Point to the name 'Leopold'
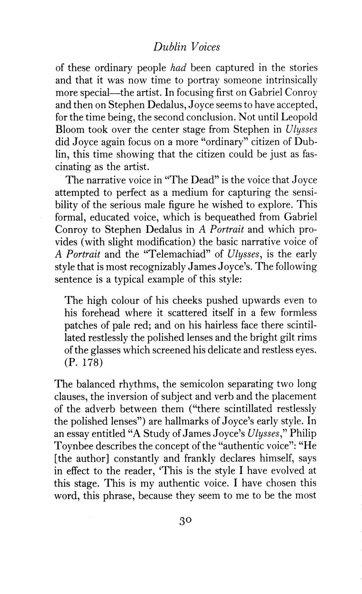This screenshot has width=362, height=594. [300, 105]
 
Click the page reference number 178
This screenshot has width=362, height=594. [93, 362]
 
